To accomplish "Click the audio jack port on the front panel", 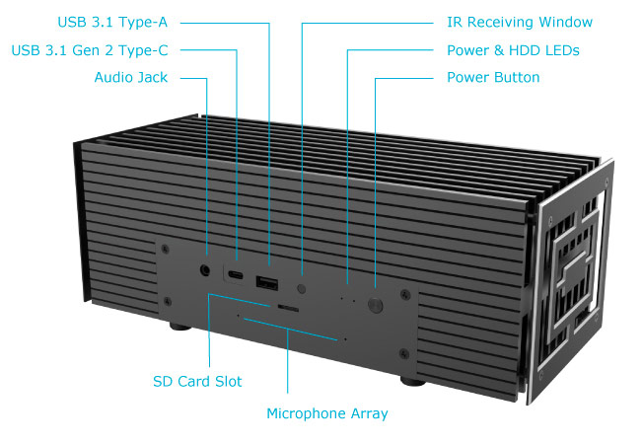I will [x=205, y=267].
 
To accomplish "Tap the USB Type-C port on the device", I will [x=237, y=275].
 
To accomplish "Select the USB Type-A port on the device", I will [x=266, y=284].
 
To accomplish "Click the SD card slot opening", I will [x=287, y=308].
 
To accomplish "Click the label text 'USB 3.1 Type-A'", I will [x=117, y=22].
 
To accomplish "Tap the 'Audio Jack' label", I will [x=131, y=77].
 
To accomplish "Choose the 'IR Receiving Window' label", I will [x=520, y=22].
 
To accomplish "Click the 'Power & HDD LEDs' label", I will [x=513, y=49].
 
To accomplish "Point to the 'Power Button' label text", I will [x=493, y=77].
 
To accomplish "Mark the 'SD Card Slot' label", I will [x=197, y=381].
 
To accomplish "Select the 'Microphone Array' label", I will [x=327, y=413].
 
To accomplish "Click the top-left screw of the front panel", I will [x=167, y=251].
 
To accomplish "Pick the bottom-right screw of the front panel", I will [x=401, y=355].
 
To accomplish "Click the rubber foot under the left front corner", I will [x=180, y=326].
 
